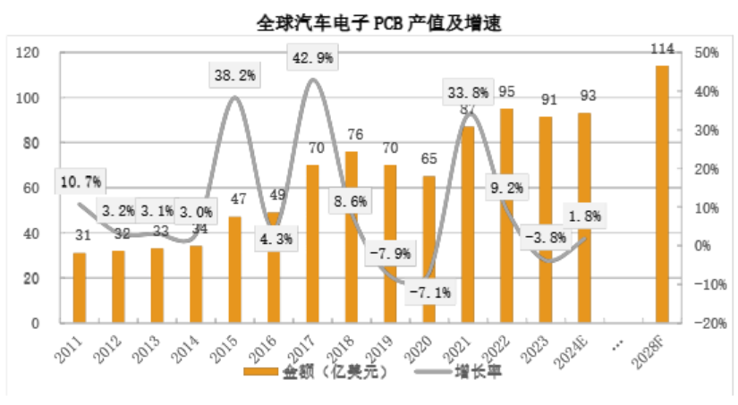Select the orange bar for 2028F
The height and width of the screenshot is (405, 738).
(662, 193)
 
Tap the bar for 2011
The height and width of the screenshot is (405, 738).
(80, 287)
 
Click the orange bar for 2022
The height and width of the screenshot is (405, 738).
(506, 215)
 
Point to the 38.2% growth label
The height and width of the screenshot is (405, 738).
(234, 76)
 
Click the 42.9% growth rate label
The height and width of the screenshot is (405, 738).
(311, 58)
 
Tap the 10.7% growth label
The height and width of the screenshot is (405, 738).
(81, 181)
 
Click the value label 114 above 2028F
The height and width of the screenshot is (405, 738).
(663, 47)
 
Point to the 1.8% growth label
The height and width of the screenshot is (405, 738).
(586, 215)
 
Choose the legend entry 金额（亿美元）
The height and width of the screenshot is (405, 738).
(316, 371)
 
